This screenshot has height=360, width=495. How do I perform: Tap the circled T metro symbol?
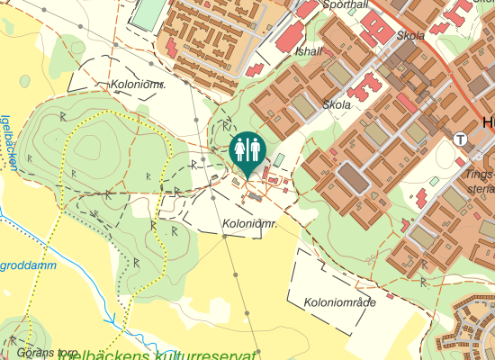click(x=461, y=139)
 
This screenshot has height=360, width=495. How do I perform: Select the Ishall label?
click(x=309, y=51)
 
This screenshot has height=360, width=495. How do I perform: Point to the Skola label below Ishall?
click(x=336, y=104)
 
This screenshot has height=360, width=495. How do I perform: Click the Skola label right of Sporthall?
click(x=410, y=36)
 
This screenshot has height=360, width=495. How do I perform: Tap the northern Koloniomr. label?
click(x=138, y=85)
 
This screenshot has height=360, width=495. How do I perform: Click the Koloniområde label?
click(x=339, y=302)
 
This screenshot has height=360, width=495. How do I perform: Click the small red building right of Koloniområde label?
click(x=390, y=295)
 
